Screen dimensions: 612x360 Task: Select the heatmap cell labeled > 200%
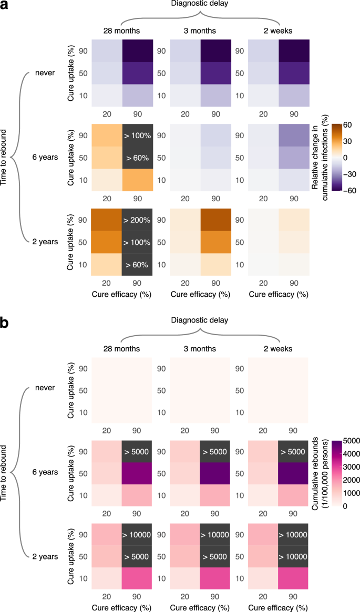137,206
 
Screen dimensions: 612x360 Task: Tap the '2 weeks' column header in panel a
279,30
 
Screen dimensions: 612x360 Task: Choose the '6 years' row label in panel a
44,158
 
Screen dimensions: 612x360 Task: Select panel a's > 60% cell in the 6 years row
137,158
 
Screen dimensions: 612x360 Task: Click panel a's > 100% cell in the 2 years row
137,228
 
